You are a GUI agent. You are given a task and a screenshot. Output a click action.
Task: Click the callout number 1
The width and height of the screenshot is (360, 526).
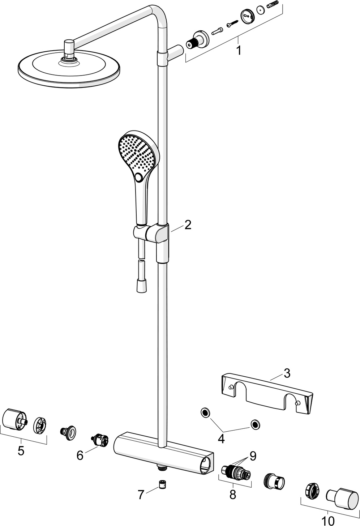(239, 50)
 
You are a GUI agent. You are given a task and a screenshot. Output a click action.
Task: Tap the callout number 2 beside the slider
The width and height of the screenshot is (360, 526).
(188, 224)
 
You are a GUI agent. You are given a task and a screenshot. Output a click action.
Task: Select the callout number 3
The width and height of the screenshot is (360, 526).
(287, 373)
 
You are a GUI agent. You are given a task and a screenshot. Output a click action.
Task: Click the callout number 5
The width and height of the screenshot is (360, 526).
(21, 451)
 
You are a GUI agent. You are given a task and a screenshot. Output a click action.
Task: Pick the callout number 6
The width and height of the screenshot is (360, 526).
(80, 456)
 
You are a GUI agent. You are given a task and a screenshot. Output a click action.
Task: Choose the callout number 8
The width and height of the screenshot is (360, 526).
(232, 494)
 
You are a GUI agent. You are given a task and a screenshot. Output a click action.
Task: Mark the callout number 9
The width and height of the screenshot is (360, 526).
(253, 456)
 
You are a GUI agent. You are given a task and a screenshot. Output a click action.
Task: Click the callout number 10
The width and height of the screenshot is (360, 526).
(328, 521)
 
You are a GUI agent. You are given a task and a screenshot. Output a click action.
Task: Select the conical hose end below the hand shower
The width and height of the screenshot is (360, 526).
(141, 287)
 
